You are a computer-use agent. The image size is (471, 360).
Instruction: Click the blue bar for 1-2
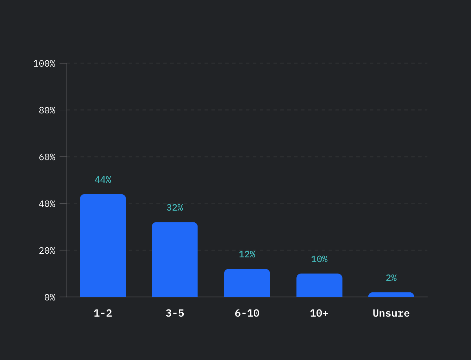pyautogui.click(x=103, y=246)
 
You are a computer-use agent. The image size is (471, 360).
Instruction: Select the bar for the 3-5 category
pyautogui.click(x=175, y=259)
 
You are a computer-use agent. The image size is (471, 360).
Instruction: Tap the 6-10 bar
pyautogui.click(x=247, y=283)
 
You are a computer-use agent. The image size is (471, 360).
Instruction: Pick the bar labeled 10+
pyautogui.click(x=319, y=285)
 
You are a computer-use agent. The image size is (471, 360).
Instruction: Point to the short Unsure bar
pyautogui.click(x=391, y=295)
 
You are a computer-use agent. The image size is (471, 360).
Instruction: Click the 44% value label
pyautogui.click(x=103, y=180)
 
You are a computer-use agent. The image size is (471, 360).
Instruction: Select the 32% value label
pyautogui.click(x=175, y=208)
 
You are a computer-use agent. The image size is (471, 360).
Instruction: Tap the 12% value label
pyautogui.click(x=247, y=254)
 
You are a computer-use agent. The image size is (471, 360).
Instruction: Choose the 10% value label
pyautogui.click(x=319, y=259)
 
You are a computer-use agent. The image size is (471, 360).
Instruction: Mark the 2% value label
pyautogui.click(x=391, y=278)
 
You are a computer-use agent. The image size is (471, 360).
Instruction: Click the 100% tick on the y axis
pyautogui.click(x=44, y=64)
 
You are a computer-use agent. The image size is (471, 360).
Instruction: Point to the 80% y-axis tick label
pyautogui.click(x=47, y=110)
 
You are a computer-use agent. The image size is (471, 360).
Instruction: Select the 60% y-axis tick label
pyautogui.click(x=47, y=157)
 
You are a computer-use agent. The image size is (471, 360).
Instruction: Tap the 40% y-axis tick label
pyautogui.click(x=47, y=204)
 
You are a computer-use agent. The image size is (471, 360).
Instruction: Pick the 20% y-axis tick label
pyautogui.click(x=47, y=251)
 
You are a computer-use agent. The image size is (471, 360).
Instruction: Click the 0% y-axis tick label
pyautogui.click(x=50, y=297)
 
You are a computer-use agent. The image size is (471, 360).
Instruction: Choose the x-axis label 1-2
pyautogui.click(x=103, y=313)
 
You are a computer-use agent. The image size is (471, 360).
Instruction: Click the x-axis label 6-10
pyautogui.click(x=247, y=313)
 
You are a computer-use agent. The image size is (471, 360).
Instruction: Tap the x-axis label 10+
pyautogui.click(x=319, y=313)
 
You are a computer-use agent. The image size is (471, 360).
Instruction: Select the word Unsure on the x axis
pyautogui.click(x=391, y=313)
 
